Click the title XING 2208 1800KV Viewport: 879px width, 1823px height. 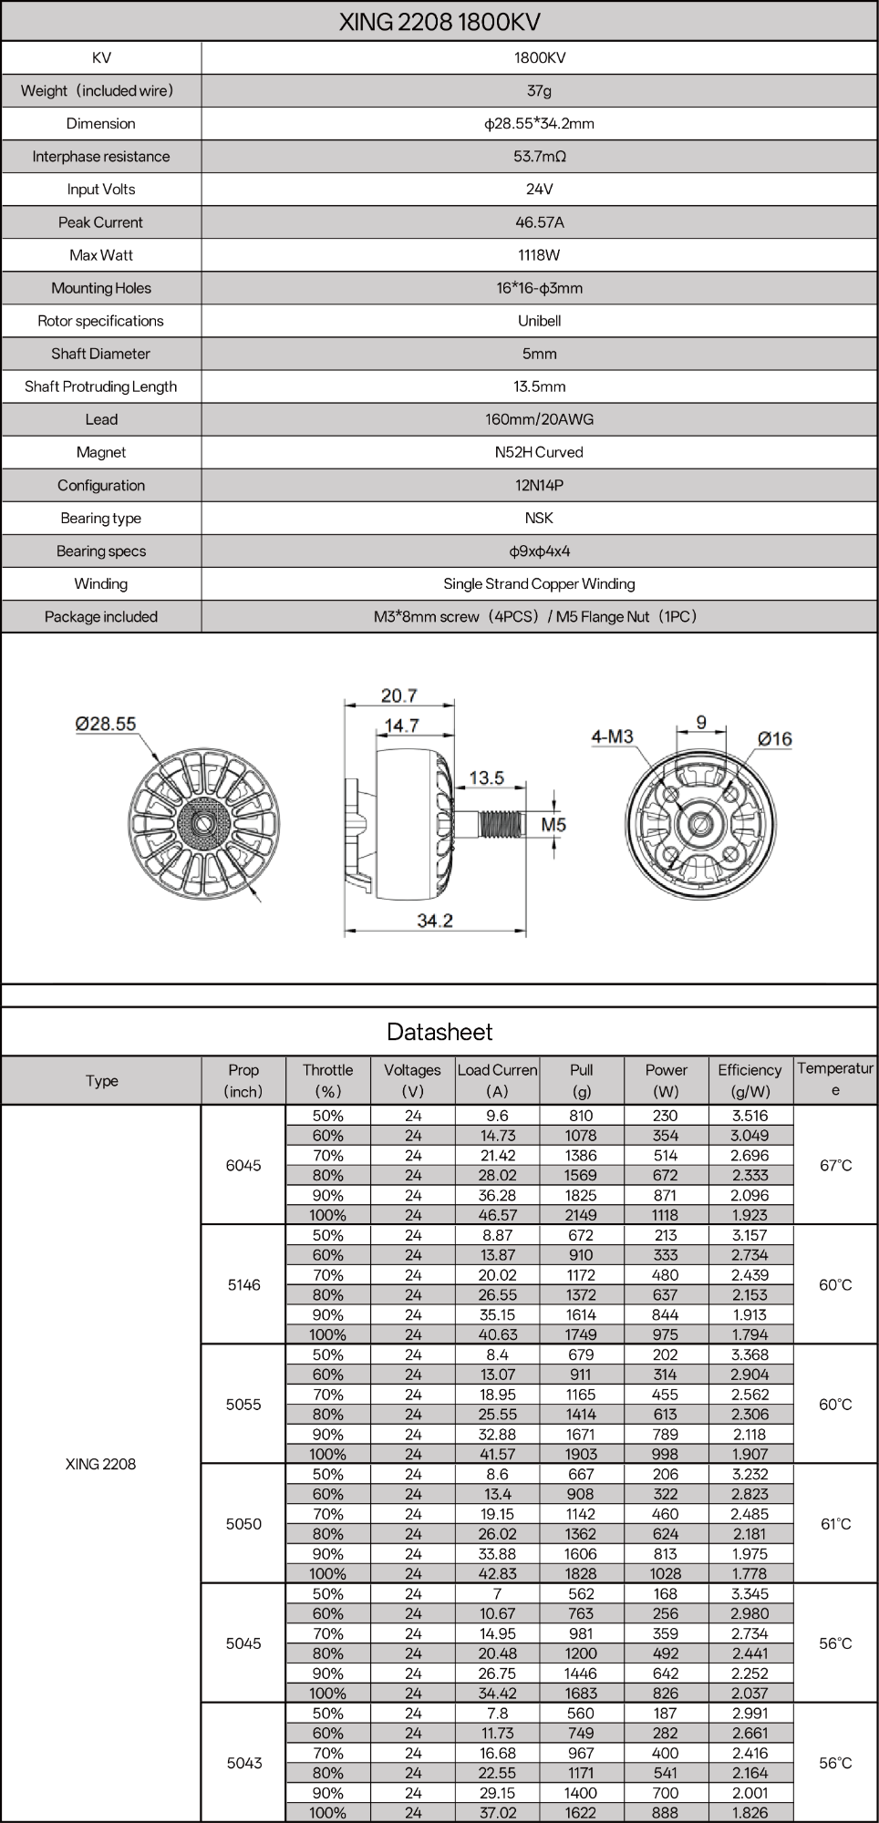[x=439, y=22]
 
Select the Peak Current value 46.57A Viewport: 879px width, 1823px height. [x=539, y=222]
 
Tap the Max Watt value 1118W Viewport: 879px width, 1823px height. [x=539, y=255]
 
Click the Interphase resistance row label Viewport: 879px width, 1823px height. [x=101, y=157]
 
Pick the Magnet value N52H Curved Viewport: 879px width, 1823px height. [x=539, y=452]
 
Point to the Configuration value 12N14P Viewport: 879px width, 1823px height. [x=539, y=485]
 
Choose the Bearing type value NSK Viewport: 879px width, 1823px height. [x=539, y=518]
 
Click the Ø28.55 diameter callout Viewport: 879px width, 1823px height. [x=106, y=724]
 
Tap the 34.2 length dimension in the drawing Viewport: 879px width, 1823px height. [x=435, y=921]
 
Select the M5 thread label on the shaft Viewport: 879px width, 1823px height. [x=553, y=824]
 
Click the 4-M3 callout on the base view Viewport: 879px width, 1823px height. [x=612, y=736]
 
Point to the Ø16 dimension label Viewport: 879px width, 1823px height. [x=775, y=738]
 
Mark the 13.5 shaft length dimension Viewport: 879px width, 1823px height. [x=486, y=778]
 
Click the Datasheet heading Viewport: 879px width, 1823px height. [x=439, y=1032]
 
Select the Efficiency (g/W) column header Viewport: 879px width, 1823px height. [x=750, y=1080]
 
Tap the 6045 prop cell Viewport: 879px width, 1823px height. [x=243, y=1165]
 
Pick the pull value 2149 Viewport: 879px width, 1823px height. [x=581, y=1215]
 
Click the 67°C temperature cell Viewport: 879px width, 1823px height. [x=835, y=1165]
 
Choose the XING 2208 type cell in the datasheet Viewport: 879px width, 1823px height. [x=101, y=1464]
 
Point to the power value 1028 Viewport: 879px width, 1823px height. [x=666, y=1573]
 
